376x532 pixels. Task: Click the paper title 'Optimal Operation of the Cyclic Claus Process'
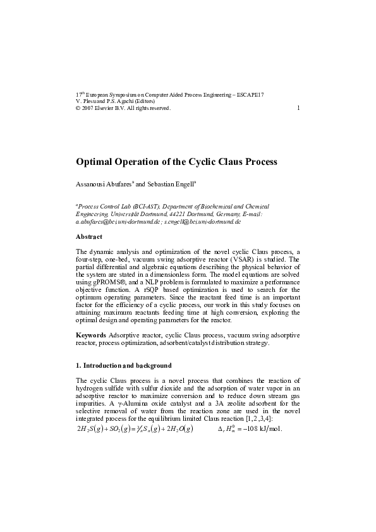point(176,162)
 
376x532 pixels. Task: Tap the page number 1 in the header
point(298,107)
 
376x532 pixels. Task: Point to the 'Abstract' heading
point(89,236)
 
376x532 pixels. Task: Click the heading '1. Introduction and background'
point(123,366)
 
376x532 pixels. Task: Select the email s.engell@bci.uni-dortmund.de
point(202,222)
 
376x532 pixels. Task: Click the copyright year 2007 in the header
point(91,108)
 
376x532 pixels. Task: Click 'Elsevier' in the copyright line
point(110,108)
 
